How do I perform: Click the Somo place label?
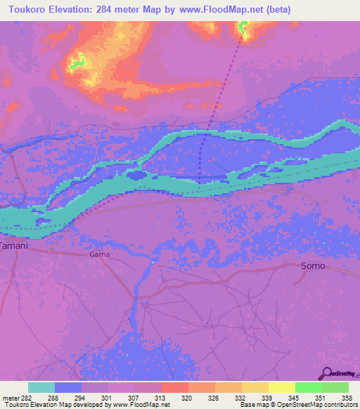[313, 266]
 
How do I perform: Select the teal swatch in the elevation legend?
[41, 387]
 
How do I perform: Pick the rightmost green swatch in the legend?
[335, 387]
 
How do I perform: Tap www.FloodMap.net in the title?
[217, 9]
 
